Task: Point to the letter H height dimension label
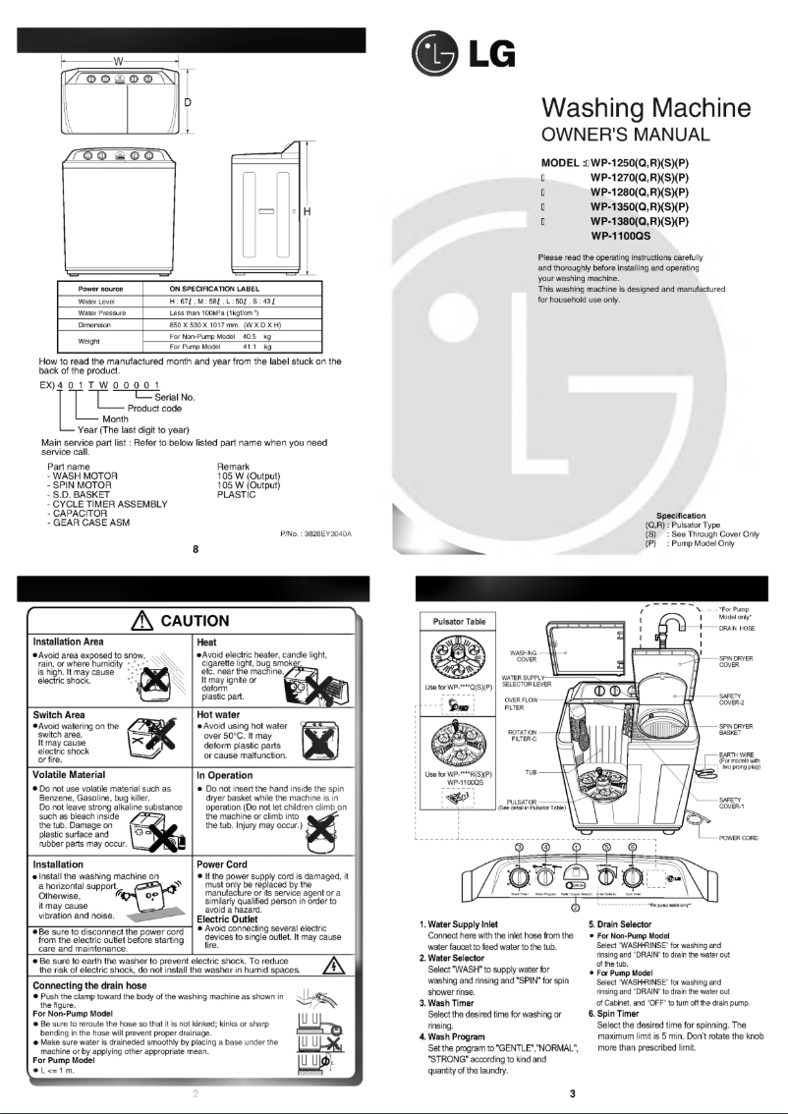coord(307,212)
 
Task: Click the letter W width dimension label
coord(117,61)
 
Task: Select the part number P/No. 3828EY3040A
coord(315,532)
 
